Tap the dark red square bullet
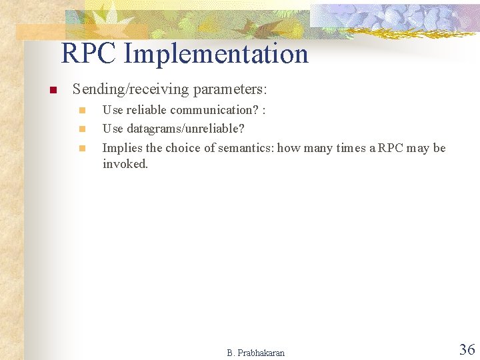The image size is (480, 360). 53,90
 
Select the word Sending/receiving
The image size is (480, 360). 131,89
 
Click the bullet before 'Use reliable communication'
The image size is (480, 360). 82,111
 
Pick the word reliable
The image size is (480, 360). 147,110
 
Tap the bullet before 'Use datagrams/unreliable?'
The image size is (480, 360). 82,129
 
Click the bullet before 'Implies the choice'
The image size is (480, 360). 82,148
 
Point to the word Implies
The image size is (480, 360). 123,148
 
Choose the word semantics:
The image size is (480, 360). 246,148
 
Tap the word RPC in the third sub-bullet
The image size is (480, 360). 391,148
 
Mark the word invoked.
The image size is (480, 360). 125,164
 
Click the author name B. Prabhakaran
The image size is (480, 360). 255,353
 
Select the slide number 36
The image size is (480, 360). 467,349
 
